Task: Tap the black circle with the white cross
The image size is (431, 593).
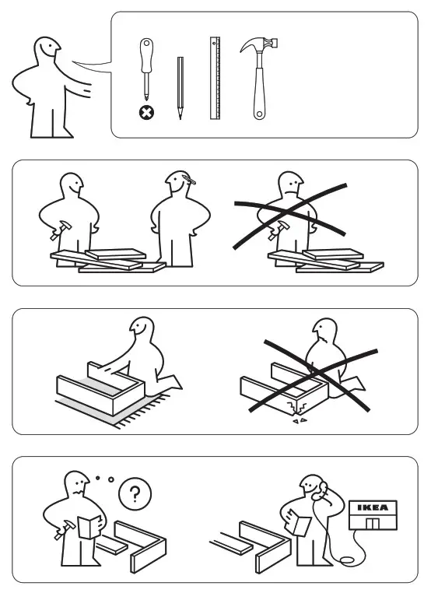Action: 147,112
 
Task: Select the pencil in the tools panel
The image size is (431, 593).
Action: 180,88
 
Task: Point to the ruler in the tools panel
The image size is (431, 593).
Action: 215,79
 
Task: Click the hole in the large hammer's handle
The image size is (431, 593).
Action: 259,114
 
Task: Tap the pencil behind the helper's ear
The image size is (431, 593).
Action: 188,179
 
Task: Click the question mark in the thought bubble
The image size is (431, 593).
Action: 135,493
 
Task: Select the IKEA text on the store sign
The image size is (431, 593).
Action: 373,507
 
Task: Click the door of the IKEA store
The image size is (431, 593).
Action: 373,524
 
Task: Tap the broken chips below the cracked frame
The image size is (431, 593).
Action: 299,419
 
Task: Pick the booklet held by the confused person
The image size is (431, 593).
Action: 89,527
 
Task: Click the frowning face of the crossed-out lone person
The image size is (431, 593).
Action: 290,184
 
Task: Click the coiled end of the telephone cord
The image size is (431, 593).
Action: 347,560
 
